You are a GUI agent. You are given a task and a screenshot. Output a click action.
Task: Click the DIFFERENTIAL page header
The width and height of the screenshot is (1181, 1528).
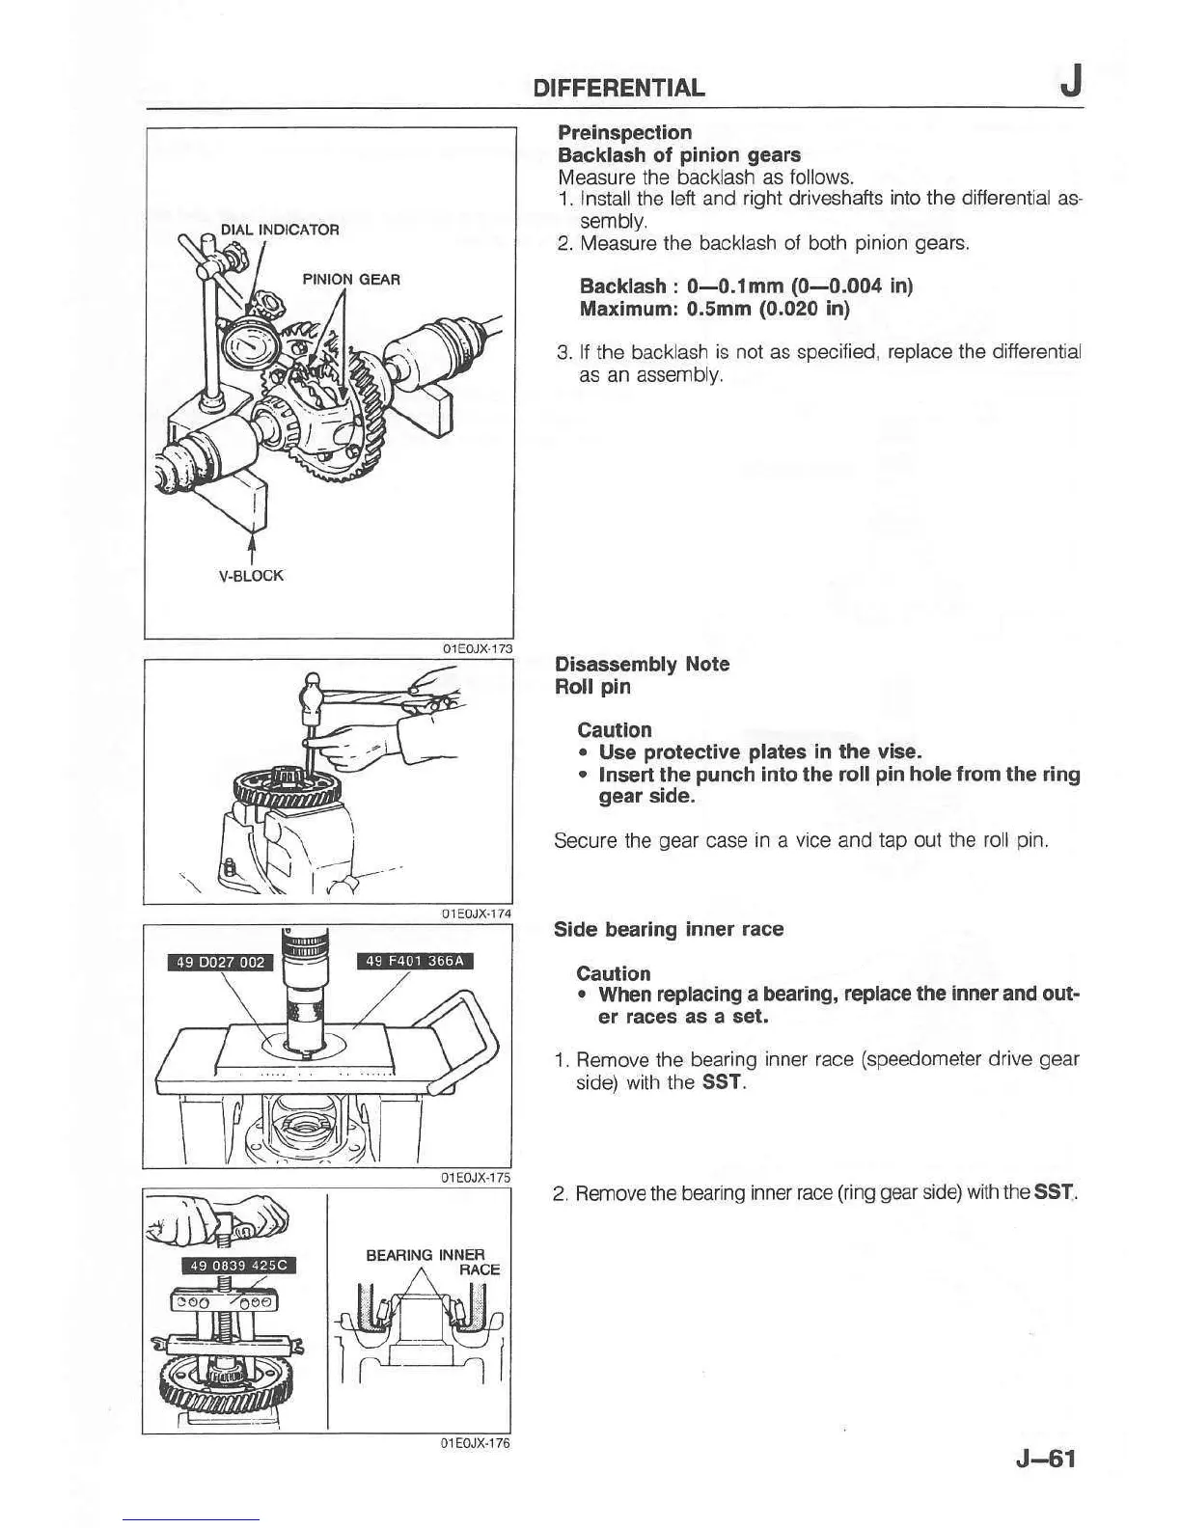tap(619, 89)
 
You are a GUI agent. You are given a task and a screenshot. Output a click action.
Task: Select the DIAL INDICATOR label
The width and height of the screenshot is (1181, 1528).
tap(280, 230)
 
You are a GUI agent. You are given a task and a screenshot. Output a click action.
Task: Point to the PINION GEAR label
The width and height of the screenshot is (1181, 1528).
tap(351, 280)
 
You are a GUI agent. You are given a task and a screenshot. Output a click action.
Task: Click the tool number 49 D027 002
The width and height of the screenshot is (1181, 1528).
tap(221, 962)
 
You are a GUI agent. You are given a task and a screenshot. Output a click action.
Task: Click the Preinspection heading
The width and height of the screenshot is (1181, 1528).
tap(624, 132)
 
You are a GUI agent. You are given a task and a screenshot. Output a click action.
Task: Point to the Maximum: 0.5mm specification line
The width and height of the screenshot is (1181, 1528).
tap(714, 309)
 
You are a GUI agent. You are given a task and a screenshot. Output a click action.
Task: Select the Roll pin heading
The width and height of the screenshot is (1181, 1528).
tap(592, 687)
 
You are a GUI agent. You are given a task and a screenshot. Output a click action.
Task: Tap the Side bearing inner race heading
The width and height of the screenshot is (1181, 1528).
tap(668, 929)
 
